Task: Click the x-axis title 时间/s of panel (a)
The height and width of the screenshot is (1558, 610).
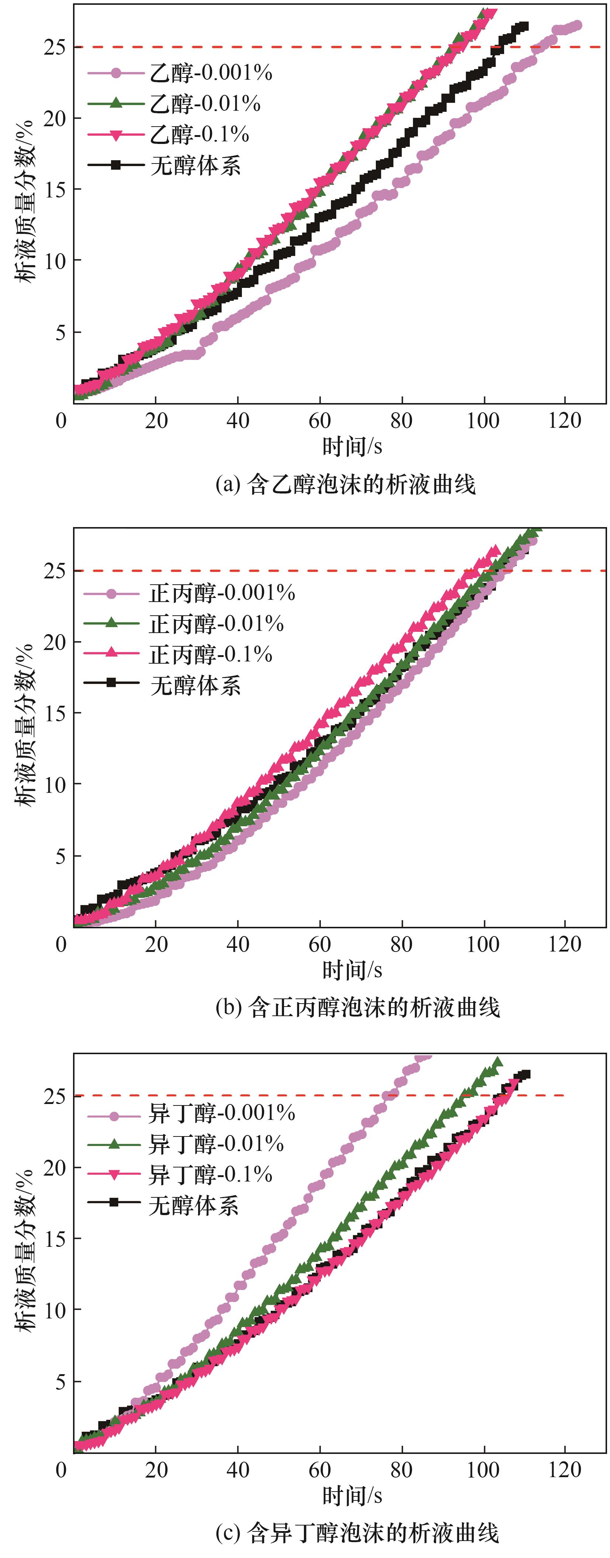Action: click(x=352, y=446)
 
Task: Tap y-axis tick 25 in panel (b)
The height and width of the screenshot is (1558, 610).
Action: click(x=55, y=570)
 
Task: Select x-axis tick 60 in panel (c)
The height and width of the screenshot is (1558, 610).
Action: click(x=320, y=1470)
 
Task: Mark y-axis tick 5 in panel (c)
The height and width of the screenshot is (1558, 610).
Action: click(x=60, y=1382)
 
